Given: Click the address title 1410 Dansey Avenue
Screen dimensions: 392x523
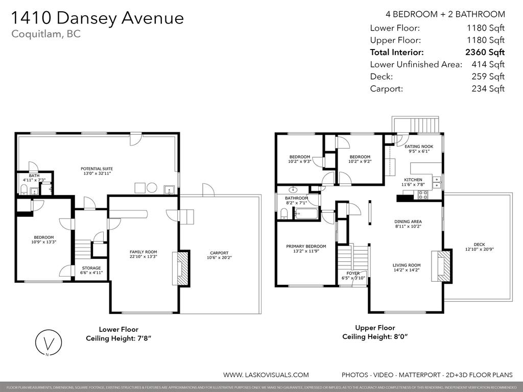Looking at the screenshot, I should (x=97, y=18).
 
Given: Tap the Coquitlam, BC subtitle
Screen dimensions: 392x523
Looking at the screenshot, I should (x=45, y=34).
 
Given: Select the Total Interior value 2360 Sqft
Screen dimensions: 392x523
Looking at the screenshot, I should (x=485, y=52).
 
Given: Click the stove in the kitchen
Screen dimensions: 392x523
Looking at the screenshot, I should (x=423, y=194).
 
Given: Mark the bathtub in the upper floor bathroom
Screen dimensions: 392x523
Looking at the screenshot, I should (x=306, y=213).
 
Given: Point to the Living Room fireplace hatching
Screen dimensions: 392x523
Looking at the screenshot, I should (x=443, y=265).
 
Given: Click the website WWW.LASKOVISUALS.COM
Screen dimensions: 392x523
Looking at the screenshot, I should (x=266, y=375).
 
